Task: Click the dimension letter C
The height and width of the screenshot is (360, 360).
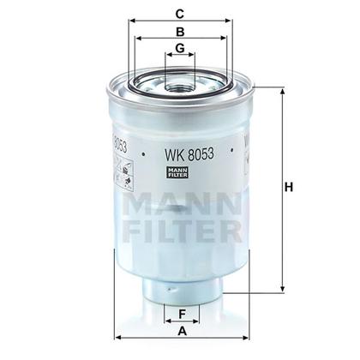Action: [x=179, y=12]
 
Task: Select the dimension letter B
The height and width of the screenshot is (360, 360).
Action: [x=179, y=29]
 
